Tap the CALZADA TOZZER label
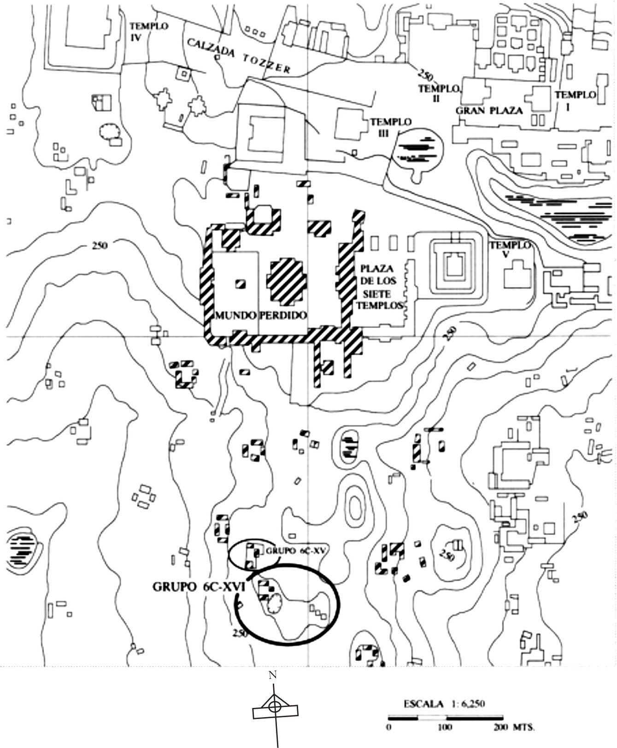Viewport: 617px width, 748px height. click(x=238, y=56)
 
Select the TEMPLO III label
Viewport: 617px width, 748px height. click(x=390, y=127)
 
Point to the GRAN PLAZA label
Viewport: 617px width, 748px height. click(x=489, y=111)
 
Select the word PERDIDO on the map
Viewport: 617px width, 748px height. click(x=283, y=316)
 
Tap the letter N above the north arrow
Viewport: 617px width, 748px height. click(x=273, y=676)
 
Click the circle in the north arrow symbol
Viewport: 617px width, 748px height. click(x=274, y=707)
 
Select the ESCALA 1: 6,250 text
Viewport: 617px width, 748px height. click(x=444, y=704)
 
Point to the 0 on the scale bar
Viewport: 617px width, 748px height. click(x=389, y=728)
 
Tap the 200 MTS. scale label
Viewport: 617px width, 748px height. click(x=514, y=728)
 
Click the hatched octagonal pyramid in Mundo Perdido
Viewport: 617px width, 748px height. click(x=286, y=281)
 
